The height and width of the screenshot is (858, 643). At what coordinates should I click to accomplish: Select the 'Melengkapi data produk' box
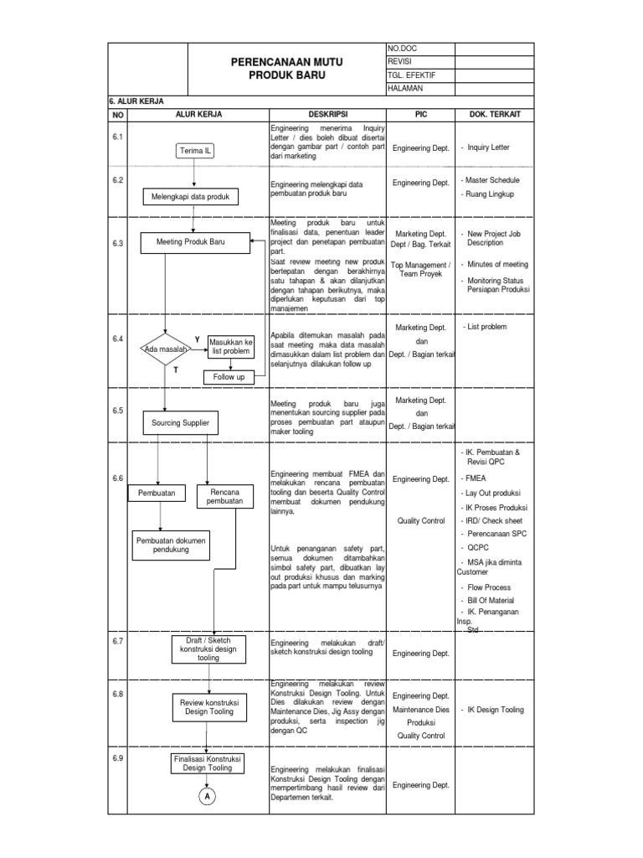tap(190, 197)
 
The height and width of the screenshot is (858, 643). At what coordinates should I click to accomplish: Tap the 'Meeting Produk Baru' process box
tap(195, 243)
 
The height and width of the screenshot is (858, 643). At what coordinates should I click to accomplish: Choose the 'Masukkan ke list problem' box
tap(230, 347)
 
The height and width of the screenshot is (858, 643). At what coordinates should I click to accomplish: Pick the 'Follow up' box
tap(228, 377)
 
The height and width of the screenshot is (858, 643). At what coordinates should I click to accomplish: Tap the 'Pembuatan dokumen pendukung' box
tap(170, 545)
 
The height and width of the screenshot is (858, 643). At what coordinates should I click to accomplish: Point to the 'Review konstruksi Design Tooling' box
tap(209, 706)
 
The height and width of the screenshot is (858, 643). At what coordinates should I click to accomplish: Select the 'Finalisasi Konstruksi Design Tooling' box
tap(207, 762)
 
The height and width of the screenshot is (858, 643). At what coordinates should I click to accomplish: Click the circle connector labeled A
tap(206, 797)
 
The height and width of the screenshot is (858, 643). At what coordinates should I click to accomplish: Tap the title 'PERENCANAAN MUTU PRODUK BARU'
tap(286, 68)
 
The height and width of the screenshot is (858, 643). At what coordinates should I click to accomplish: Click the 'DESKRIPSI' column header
tap(327, 114)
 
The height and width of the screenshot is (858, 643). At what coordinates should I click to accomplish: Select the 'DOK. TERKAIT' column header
tap(486, 114)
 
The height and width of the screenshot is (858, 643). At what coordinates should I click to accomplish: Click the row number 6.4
tap(118, 339)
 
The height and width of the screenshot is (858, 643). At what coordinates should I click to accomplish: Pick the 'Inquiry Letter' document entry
tap(490, 147)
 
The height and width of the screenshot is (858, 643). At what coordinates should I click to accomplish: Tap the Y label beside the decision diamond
tap(198, 339)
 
